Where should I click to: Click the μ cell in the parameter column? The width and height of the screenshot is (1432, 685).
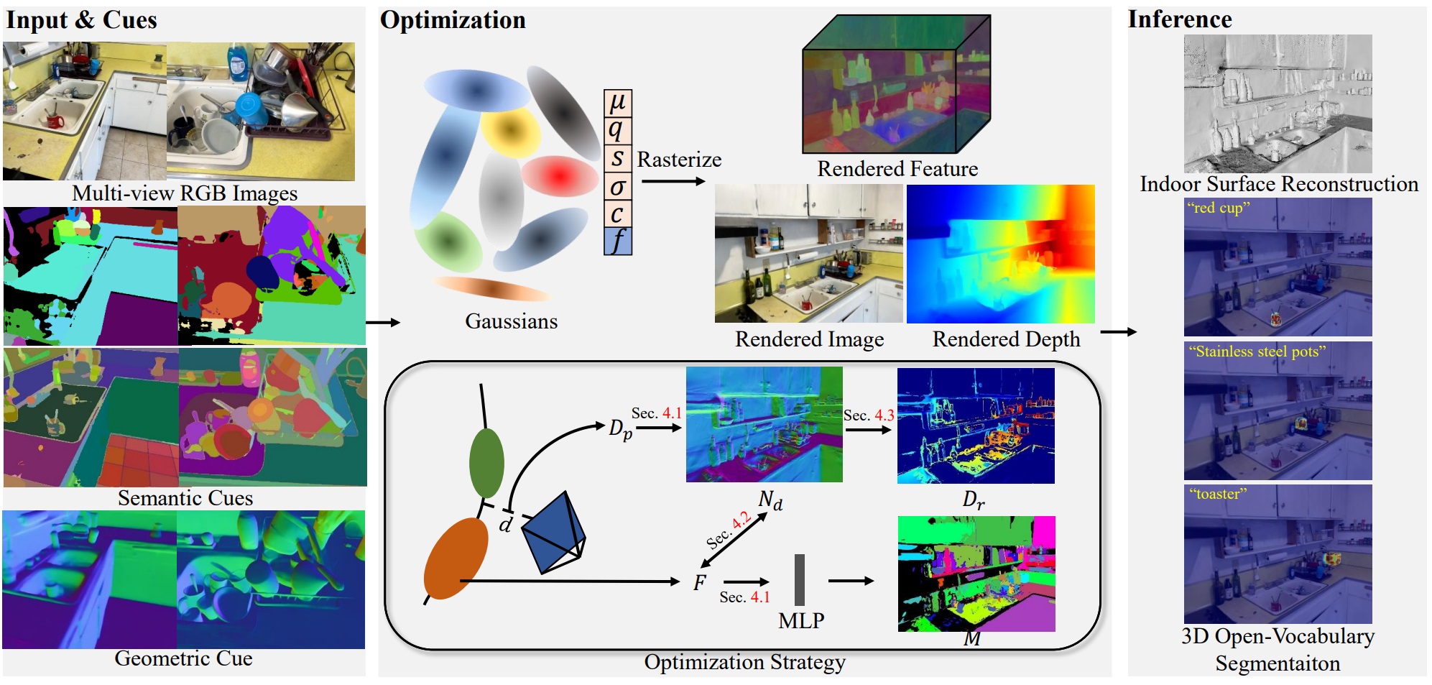617,103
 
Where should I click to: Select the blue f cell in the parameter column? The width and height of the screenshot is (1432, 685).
617,241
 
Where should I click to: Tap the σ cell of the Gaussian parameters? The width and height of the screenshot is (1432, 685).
617,186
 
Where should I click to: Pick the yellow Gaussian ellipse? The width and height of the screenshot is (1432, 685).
510,131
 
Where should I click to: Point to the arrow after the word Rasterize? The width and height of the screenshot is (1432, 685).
673,181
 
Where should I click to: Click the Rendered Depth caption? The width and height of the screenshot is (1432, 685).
1006,339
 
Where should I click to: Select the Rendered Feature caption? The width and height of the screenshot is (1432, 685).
897,168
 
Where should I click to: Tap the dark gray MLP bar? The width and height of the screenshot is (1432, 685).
800,579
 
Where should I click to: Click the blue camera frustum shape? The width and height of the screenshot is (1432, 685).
553,533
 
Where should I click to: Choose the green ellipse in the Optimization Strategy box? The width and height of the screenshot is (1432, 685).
486,463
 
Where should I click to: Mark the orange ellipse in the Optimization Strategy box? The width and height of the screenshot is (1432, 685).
456,558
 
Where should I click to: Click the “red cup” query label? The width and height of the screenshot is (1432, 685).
1218,208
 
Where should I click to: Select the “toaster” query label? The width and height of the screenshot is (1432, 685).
1218,494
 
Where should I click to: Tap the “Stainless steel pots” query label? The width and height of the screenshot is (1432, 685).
1257,351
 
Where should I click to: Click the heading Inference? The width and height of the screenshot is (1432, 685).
1179,19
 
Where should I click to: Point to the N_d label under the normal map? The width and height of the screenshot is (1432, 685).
770,500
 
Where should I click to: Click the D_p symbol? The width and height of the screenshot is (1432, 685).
620,429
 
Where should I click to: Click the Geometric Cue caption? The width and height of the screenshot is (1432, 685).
183,658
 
